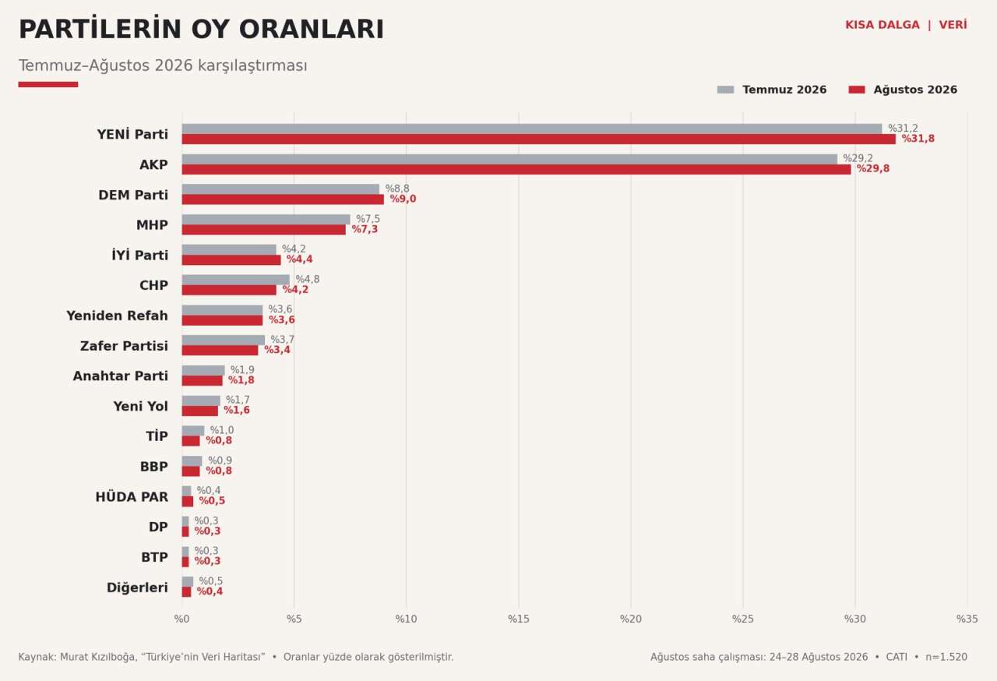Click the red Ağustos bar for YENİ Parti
tap(538, 139)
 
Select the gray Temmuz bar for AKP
tap(509, 159)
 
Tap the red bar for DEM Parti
tap(283, 199)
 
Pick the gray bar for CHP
tap(235, 280)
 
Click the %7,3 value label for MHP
tap(365, 229)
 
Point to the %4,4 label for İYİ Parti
tap(300, 259)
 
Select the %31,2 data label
tap(903, 129)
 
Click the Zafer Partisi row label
tap(124, 346)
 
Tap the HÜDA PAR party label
tap(132, 497)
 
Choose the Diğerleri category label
tap(138, 587)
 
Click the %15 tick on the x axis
tap(519, 619)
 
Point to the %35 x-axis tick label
tap(967, 619)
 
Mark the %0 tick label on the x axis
tap(181, 619)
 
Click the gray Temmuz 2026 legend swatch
tap(725, 90)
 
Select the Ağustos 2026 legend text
tap(915, 90)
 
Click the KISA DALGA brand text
tap(883, 25)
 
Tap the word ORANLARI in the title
tap(312, 30)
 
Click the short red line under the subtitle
tap(48, 85)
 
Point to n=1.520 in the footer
tap(946, 657)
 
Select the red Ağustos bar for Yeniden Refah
tap(222, 320)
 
